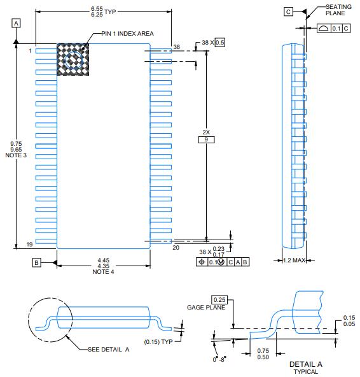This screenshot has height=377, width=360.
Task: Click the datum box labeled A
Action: coord(16,24)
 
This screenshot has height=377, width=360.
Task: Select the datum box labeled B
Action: coord(36,262)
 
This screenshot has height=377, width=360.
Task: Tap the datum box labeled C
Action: coord(288,11)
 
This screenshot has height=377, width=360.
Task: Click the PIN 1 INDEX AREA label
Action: coord(127,33)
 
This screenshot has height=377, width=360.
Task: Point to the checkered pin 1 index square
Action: coord(73,59)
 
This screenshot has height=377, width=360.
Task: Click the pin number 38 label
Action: coord(177,47)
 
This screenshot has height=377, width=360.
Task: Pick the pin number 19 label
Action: coord(29,245)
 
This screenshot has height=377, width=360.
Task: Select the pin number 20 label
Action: coord(176,247)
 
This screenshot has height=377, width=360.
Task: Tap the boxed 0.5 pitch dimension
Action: coord(219,43)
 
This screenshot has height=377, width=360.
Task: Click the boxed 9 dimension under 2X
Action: coord(206,139)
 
